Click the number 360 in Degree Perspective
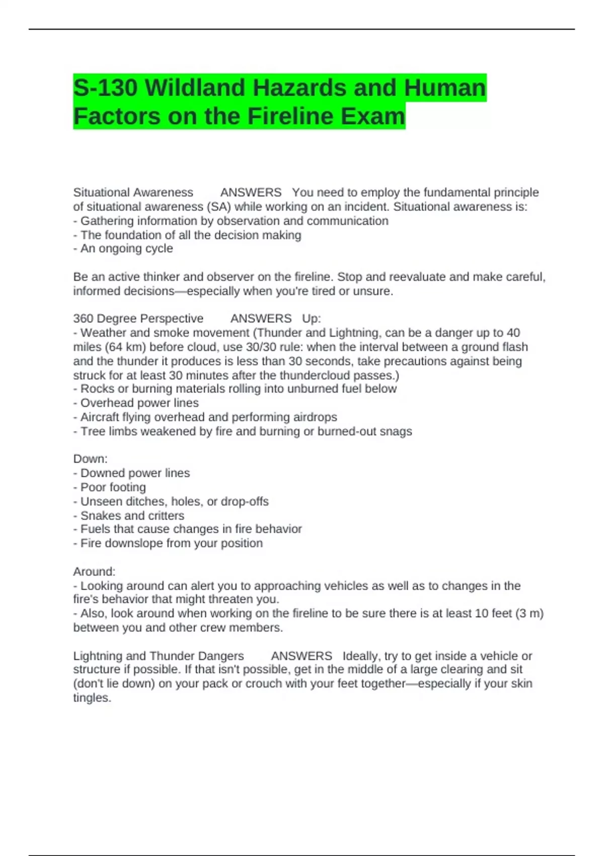(83, 318)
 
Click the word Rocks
(96, 389)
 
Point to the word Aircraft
(99, 417)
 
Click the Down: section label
(90, 459)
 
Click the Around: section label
(94, 572)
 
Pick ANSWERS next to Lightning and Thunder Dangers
(301, 656)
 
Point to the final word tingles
(92, 698)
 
